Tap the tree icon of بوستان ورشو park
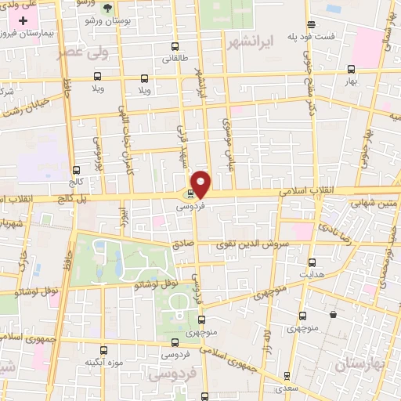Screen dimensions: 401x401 pos(106,9)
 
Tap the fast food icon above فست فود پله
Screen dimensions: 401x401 pos(312,24)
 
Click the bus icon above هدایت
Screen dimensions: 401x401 pos(312,262)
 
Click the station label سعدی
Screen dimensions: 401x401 pos(286,388)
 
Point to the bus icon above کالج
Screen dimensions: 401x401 pos(76,170)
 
